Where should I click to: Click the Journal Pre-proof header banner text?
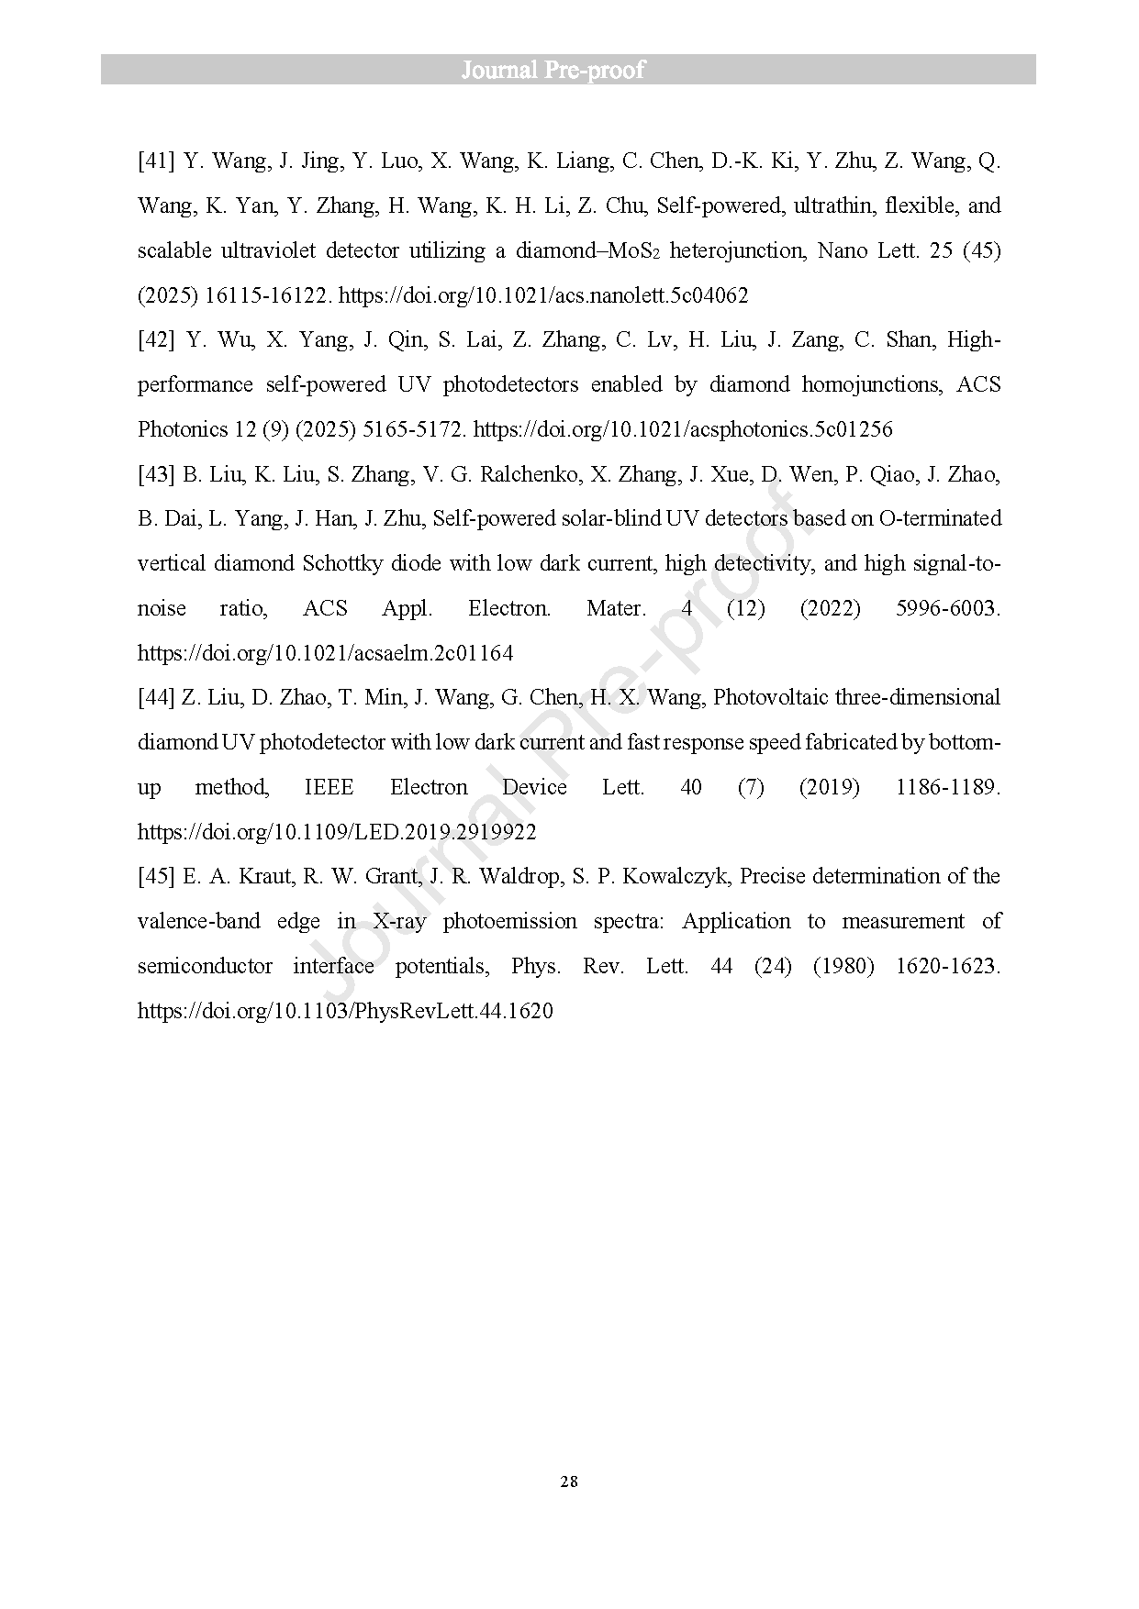[x=553, y=71]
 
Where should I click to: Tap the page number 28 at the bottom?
[x=569, y=1481]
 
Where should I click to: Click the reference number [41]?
[x=156, y=161]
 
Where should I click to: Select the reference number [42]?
[x=156, y=340]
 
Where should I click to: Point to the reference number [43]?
[x=156, y=474]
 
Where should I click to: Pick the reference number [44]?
[x=156, y=698]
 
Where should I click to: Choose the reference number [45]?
[x=156, y=877]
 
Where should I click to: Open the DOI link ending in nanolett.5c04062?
[x=543, y=295]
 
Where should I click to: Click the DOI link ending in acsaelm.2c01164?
[x=325, y=653]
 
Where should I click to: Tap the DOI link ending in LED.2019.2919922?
[x=337, y=832]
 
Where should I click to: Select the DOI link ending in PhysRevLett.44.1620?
[x=345, y=1011]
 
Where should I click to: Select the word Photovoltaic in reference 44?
[x=769, y=698]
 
